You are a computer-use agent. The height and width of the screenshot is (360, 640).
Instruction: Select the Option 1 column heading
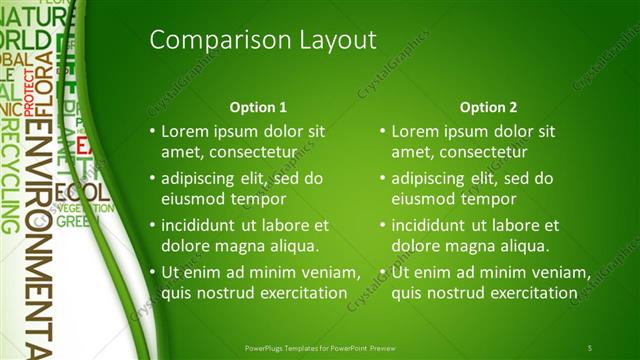pyautogui.click(x=258, y=107)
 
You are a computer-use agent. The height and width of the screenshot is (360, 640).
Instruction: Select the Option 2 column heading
pyautogui.click(x=489, y=107)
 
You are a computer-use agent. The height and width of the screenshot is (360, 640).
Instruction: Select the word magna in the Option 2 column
pyautogui.click(x=467, y=245)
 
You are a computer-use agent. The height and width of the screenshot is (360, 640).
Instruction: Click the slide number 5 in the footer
pyautogui.click(x=590, y=347)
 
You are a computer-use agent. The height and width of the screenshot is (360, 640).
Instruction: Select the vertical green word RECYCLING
pyautogui.click(x=10, y=175)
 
